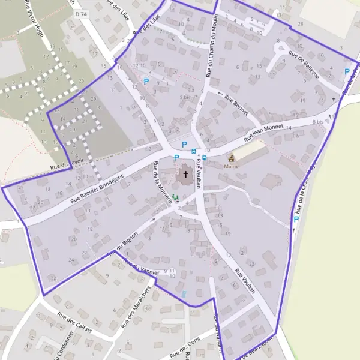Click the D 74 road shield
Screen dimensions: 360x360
[82, 14]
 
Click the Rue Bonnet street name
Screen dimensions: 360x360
[236, 104]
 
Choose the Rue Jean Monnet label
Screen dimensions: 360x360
[263, 133]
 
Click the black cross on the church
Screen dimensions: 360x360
[186, 175]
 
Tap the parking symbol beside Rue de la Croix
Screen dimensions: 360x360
[296, 220]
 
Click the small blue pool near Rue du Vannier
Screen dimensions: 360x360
[184, 294]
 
